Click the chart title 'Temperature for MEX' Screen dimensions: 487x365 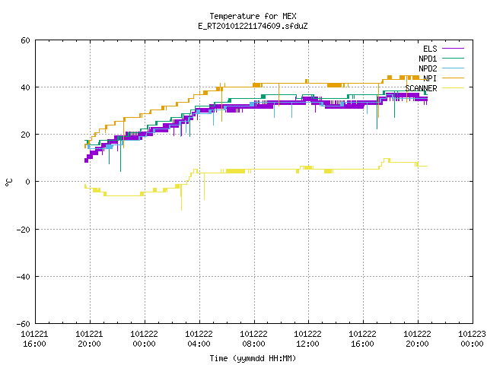tap(253, 16)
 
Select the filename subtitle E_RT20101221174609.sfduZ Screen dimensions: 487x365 tap(253, 26)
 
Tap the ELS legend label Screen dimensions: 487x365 tap(430, 49)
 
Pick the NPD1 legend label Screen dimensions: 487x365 tap(428, 59)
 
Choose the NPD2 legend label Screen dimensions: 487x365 tap(428, 68)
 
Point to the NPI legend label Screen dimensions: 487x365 tap(430, 78)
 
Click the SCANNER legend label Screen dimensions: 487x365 tap(421, 88)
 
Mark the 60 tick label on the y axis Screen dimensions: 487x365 tap(25, 40)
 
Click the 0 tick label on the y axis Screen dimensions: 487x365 tap(28, 182)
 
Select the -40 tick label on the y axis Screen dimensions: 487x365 tap(24, 277)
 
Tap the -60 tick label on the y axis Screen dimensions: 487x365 tap(24, 324)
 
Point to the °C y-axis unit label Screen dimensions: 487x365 tap(8, 182)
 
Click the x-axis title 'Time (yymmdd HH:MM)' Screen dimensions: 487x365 tap(253, 358)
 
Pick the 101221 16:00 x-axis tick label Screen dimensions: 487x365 tap(34, 339)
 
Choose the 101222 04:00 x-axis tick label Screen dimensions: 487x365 tap(199, 339)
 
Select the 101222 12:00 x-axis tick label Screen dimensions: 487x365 tap(307, 339)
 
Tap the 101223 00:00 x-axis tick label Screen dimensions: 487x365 tap(472, 339)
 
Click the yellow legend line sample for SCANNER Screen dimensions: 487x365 tap(454, 88)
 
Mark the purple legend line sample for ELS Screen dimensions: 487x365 tap(454, 49)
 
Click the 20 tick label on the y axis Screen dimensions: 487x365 tap(25, 135)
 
